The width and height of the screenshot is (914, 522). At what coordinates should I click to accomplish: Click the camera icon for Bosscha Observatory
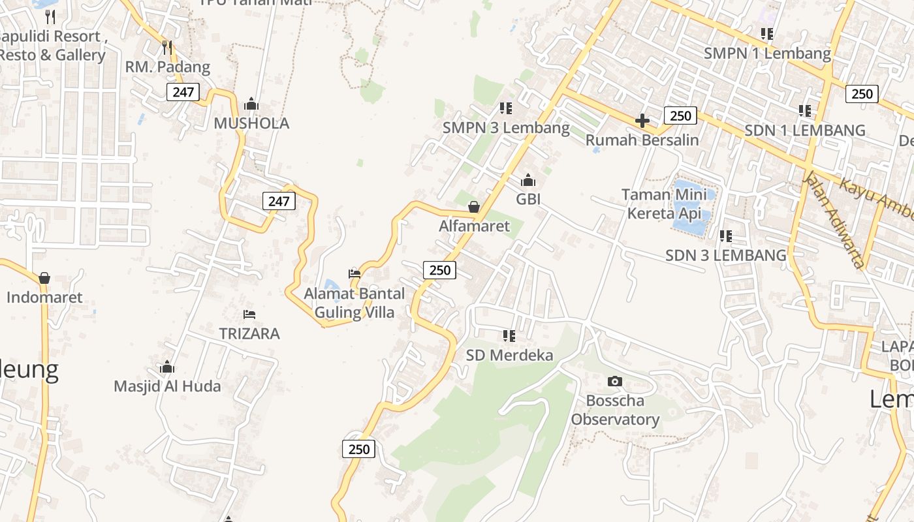614,381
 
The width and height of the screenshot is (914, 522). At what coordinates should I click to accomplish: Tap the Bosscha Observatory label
615,410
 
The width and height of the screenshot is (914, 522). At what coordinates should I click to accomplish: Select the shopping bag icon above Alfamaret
474,207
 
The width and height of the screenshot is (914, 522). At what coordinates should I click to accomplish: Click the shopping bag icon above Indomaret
44,279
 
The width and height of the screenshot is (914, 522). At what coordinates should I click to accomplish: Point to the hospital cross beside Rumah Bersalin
642,121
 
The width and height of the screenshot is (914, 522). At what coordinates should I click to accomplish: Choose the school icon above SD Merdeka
509,336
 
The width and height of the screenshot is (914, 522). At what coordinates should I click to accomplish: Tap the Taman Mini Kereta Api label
664,204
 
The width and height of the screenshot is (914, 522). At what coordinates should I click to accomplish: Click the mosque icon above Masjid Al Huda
167,367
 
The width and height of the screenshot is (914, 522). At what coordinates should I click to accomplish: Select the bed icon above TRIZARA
249,315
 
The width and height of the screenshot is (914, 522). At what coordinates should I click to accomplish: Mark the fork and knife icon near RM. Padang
167,47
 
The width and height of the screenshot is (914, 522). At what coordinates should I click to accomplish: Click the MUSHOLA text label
251,123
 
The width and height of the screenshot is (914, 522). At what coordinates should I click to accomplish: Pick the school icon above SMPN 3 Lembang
506,108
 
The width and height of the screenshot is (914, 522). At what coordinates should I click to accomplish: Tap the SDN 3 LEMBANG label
726,255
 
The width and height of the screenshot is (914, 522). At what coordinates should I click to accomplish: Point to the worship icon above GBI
528,180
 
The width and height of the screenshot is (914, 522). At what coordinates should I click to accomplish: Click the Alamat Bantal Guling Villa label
355,303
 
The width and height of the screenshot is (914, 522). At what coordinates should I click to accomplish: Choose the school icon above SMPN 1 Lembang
767,33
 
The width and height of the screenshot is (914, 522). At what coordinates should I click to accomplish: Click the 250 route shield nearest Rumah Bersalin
680,115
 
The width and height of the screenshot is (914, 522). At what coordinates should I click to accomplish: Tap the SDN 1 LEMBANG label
805,130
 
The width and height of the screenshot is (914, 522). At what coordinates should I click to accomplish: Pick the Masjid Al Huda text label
167,386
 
